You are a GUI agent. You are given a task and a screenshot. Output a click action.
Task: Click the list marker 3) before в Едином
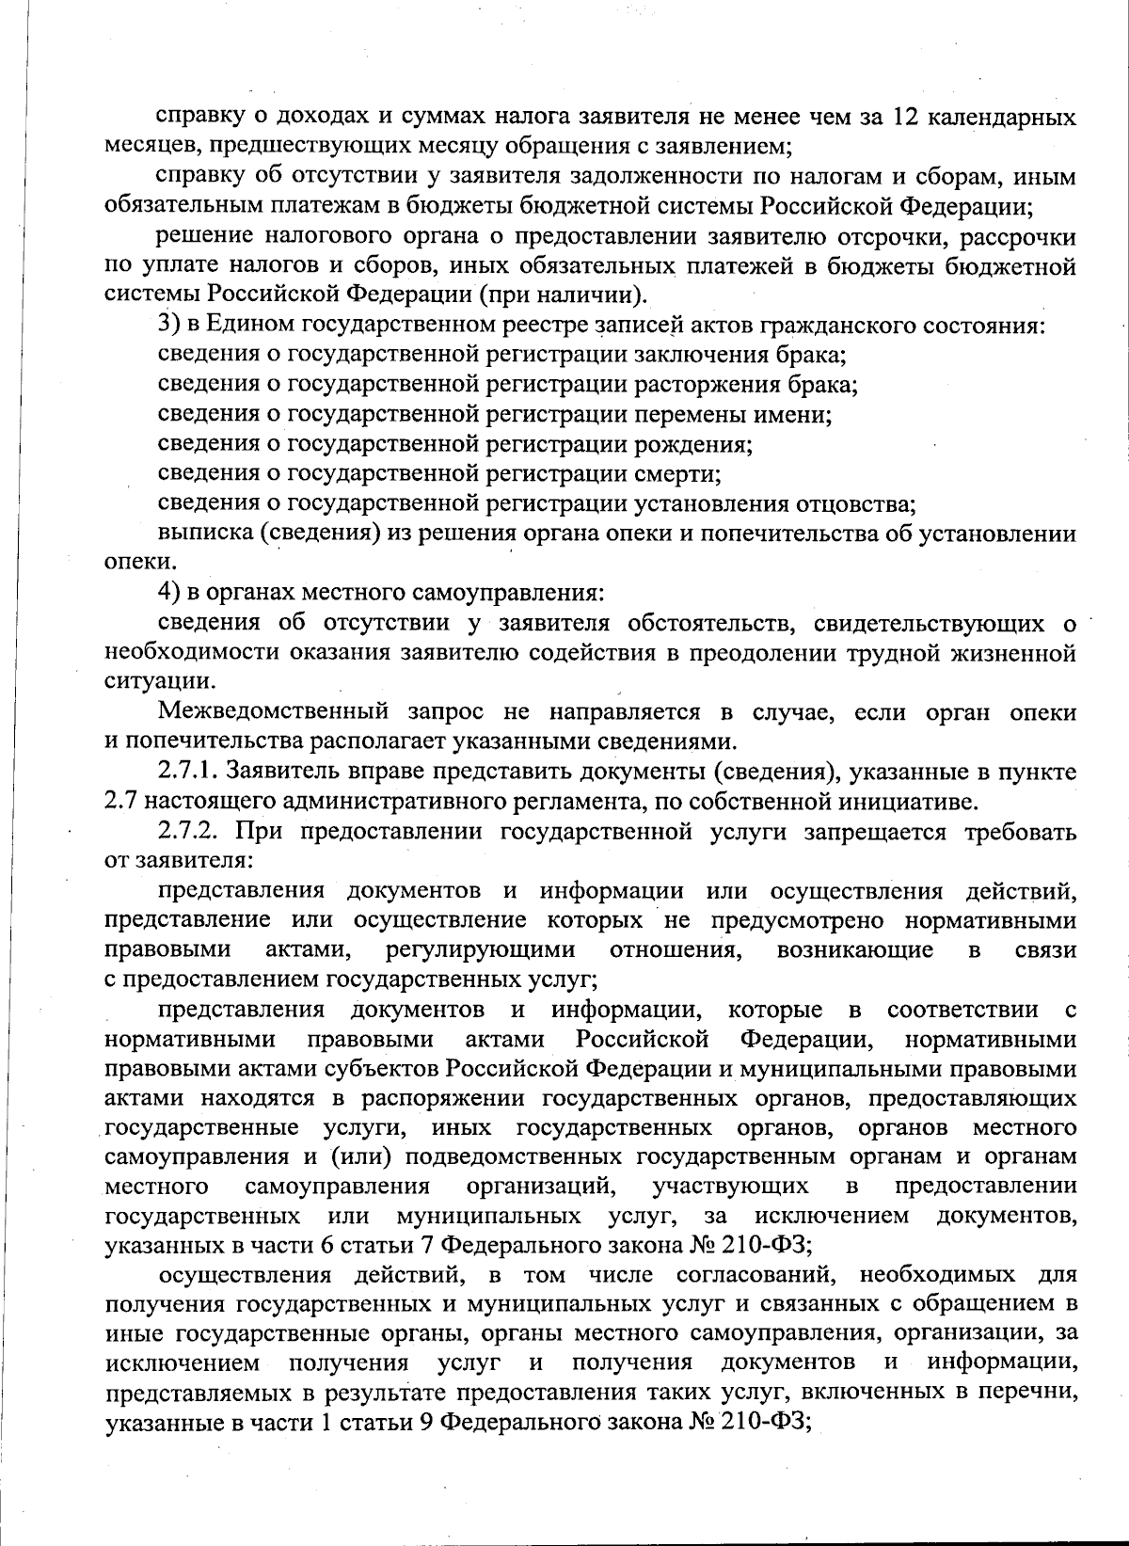point(168,326)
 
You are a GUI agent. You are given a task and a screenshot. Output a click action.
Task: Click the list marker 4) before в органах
point(168,594)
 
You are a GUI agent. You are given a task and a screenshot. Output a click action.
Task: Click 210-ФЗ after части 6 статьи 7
point(766,1246)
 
